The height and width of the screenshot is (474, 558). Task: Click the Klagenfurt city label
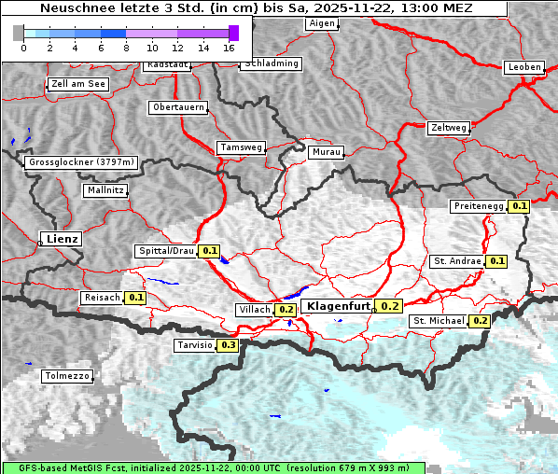coord(339,305)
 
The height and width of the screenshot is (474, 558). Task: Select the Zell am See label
coord(78,84)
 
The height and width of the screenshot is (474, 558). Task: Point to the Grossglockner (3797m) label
coord(82,162)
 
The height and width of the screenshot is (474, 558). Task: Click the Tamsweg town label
coord(241,147)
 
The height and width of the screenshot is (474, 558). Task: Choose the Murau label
coord(327,151)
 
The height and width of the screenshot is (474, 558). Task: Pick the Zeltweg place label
coord(448,127)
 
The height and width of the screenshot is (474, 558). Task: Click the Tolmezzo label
coord(67,376)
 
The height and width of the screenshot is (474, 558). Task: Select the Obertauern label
coord(177,107)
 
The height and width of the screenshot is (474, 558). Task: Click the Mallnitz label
coord(105,190)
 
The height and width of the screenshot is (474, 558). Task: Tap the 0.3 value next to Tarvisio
coord(228,345)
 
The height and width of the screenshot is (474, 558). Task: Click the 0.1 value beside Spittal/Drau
coord(210,251)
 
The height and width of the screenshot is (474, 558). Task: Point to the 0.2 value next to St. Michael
coord(480,321)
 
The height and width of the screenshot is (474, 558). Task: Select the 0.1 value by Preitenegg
coord(520,206)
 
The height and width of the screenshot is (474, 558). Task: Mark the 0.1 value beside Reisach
coord(136,298)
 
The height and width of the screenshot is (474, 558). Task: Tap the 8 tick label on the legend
coord(126,47)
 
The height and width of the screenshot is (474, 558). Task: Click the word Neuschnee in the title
coord(76,8)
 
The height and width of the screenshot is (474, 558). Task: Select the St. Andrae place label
coord(456,261)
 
